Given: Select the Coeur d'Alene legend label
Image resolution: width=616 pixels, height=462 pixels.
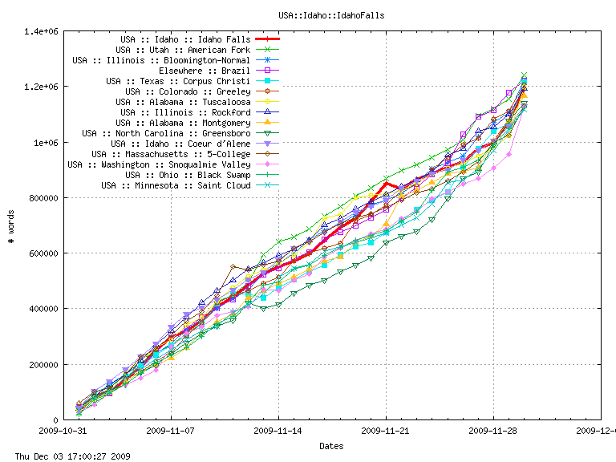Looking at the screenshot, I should click(x=180, y=144).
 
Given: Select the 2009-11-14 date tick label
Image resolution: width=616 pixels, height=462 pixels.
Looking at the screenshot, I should click(x=278, y=431).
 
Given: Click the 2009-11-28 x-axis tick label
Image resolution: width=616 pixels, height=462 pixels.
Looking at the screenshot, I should click(x=493, y=431).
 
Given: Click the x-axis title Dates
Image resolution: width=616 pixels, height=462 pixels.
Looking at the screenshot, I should click(x=331, y=445).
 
